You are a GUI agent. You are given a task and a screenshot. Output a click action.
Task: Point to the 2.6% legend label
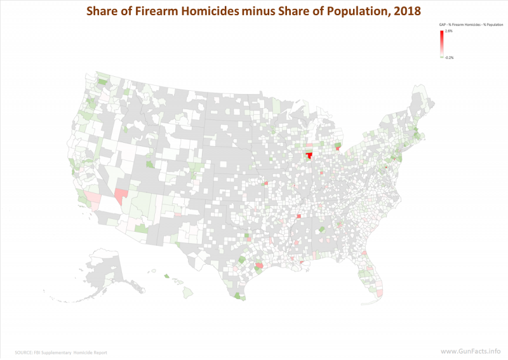tap(448, 31)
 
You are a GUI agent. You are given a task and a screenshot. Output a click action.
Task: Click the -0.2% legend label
tap(449, 57)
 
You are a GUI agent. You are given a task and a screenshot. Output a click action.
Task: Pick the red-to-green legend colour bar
tap(441, 44)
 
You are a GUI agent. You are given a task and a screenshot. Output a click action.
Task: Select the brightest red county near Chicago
tap(309, 156)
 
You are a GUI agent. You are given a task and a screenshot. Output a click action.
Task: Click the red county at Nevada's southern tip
tap(120, 193)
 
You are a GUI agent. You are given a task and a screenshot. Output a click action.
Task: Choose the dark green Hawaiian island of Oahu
tap(166, 276)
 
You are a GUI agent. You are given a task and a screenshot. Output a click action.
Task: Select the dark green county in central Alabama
tap(321, 229)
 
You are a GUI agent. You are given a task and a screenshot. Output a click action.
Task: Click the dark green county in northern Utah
tap(150, 164)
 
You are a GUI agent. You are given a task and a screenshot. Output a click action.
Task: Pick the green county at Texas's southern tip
tap(238, 296)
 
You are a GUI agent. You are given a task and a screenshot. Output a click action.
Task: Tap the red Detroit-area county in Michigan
tap(338, 147)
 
